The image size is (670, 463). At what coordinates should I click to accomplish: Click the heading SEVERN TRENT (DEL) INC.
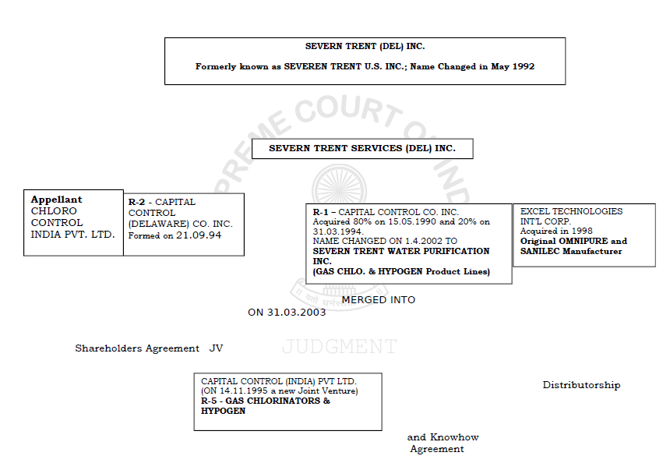tap(365, 47)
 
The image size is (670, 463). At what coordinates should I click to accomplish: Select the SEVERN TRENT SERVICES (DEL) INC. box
tap(362, 148)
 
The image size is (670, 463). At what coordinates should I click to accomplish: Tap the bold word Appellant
tap(56, 200)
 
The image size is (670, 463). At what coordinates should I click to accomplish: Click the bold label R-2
tap(137, 202)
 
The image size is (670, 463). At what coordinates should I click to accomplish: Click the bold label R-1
tap(322, 212)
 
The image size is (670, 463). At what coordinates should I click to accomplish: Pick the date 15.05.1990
tap(420, 222)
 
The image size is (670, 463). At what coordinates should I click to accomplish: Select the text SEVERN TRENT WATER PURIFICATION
tap(401, 252)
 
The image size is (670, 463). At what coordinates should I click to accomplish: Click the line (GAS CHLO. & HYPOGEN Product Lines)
tap(401, 271)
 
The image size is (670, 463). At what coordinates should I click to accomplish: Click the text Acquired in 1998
tap(556, 231)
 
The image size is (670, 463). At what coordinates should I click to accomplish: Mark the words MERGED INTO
tap(379, 300)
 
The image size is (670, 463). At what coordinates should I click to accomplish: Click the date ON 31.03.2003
tap(287, 313)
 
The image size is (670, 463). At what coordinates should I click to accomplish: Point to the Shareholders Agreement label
tap(137, 348)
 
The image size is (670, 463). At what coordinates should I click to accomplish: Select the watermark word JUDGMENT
tap(339, 347)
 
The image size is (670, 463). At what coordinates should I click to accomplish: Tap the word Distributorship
tap(581, 385)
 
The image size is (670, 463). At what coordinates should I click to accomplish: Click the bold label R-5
tap(208, 401)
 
